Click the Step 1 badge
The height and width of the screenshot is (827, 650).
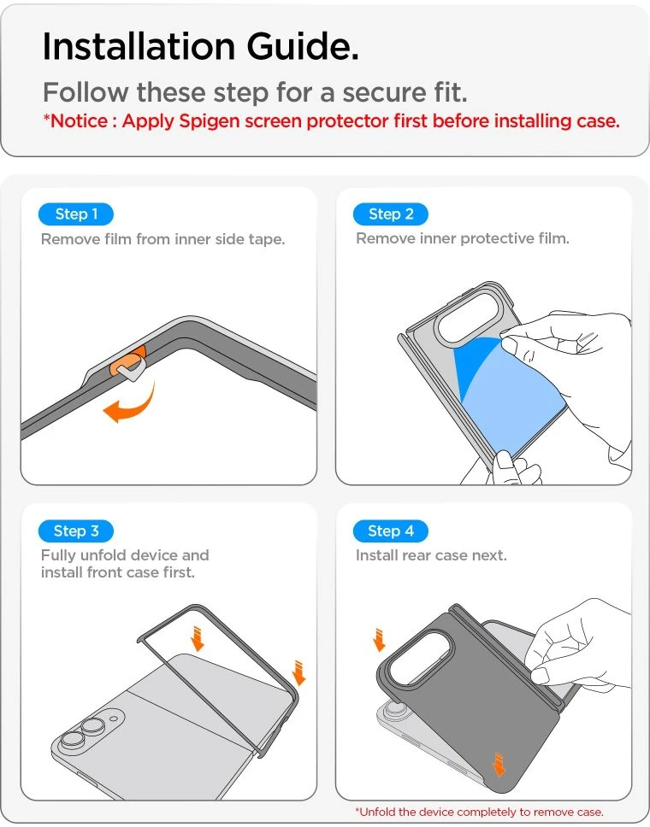(x=76, y=214)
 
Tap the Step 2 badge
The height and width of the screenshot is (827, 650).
(x=391, y=214)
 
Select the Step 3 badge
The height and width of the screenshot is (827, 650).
(x=76, y=531)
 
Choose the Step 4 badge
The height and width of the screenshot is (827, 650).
(x=391, y=531)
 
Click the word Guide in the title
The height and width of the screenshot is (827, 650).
(x=303, y=46)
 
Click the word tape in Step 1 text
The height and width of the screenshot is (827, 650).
(x=266, y=239)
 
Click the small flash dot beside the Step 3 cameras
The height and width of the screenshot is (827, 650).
(x=114, y=718)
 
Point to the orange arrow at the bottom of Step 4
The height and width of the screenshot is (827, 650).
(x=499, y=765)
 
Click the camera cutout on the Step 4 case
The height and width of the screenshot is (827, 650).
(x=421, y=660)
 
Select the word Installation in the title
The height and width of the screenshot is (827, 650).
(x=139, y=46)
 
